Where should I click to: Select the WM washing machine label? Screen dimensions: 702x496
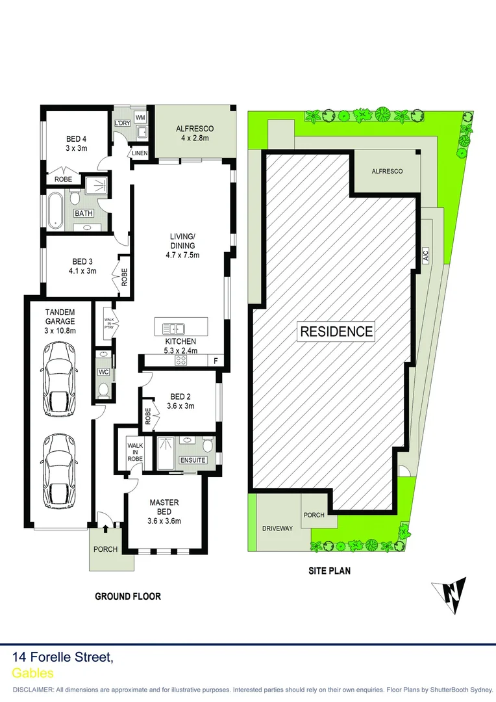[140, 117]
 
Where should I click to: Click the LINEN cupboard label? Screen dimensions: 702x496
[140, 153]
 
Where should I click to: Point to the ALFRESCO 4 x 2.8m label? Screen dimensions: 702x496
[195, 133]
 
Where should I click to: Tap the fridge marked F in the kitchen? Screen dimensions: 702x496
[214, 361]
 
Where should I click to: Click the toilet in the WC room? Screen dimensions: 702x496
[103, 389]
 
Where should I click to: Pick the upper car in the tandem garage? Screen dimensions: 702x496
[58, 380]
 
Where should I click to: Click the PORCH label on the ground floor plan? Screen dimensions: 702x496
[106, 549]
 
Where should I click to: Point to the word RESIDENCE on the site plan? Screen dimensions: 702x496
[336, 331]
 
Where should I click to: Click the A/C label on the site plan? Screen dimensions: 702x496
[426, 255]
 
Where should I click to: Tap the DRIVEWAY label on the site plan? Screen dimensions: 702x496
[277, 528]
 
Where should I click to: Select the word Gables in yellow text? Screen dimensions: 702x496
[33, 674]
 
